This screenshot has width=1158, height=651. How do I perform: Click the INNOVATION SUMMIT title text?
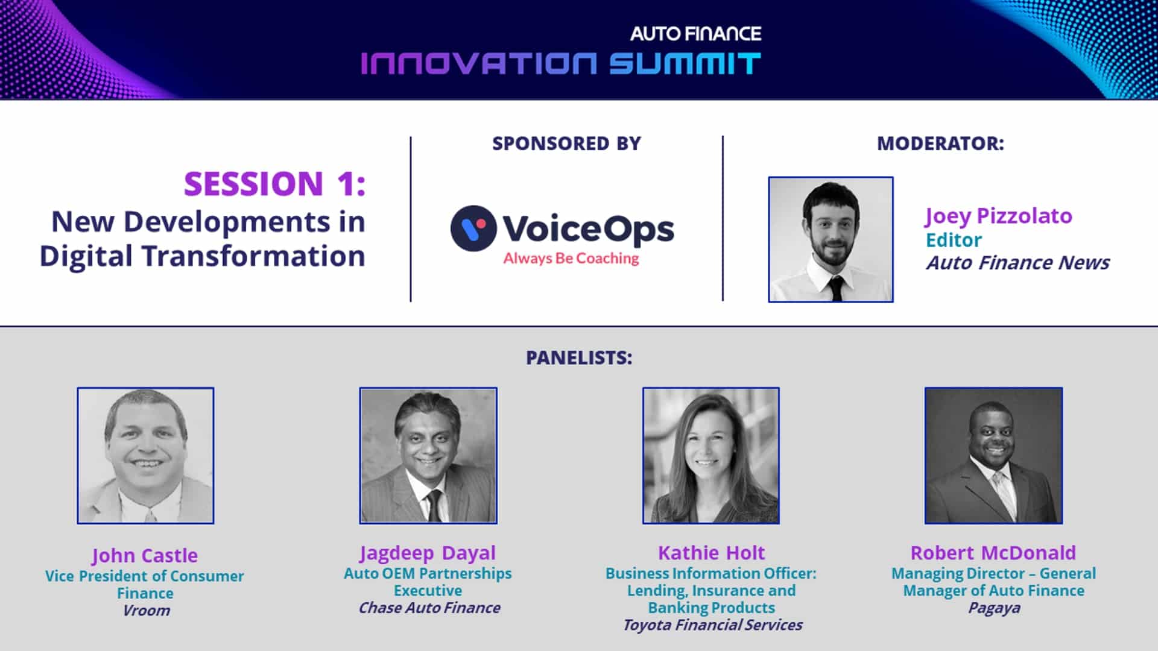(x=561, y=63)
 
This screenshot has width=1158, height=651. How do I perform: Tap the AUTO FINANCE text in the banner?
(x=696, y=34)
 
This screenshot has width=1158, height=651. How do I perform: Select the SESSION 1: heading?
(x=275, y=183)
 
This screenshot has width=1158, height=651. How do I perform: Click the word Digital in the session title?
(x=86, y=256)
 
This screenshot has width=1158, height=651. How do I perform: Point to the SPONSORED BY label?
(x=566, y=143)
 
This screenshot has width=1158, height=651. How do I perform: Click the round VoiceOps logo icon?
(x=473, y=228)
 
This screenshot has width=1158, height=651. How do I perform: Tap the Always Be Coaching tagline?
(x=571, y=259)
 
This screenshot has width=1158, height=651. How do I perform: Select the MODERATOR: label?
(x=940, y=143)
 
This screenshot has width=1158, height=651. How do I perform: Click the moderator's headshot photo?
(x=831, y=239)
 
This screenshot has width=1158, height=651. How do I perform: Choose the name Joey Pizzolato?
(x=999, y=216)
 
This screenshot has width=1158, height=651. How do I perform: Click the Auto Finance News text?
(x=1018, y=263)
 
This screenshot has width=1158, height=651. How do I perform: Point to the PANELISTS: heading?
(x=579, y=357)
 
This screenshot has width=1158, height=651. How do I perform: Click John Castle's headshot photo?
(x=145, y=456)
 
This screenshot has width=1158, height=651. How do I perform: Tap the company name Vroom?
(x=146, y=611)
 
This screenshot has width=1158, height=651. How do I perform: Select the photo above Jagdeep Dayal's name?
(x=428, y=456)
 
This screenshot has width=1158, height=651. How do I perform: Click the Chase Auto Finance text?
(x=429, y=608)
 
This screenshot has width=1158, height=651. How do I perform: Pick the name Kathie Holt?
(x=711, y=553)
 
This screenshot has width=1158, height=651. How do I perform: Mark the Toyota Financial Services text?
(x=712, y=625)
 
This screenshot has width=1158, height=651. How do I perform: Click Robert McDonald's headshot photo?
(x=993, y=456)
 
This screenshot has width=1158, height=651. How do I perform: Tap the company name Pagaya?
(x=994, y=608)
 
